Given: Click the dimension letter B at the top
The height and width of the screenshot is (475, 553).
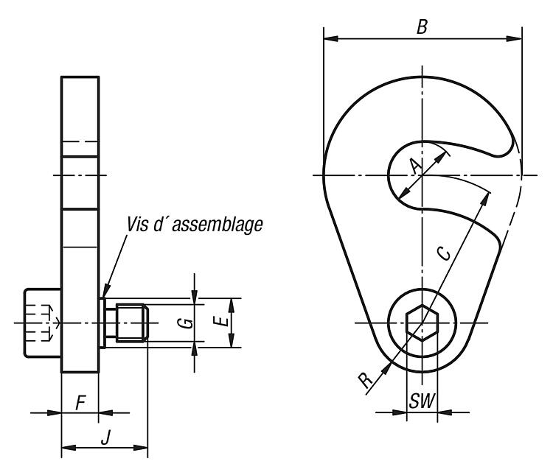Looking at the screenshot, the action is click(422, 27).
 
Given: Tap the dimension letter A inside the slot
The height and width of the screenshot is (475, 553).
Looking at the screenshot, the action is click(416, 166).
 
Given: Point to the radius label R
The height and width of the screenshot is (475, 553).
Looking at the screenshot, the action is click(366, 380).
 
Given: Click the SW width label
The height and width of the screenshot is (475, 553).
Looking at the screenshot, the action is click(422, 401).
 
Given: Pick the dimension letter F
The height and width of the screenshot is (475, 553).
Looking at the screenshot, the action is click(81, 403).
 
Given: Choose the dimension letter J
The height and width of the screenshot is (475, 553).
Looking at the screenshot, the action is click(105, 437).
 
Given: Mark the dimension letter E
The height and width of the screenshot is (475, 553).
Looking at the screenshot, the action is click(222, 321).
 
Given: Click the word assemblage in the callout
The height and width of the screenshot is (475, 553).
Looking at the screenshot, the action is click(218, 225).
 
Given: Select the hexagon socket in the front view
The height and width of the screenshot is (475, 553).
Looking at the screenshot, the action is click(422, 323).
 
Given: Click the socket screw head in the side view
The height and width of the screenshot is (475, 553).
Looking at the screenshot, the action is click(43, 323).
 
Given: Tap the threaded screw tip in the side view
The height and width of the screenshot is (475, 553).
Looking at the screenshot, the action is click(132, 323).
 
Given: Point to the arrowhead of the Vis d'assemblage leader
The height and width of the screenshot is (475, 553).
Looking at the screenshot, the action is click(106, 291).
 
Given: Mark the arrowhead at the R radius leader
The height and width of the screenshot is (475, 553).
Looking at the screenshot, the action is click(386, 367).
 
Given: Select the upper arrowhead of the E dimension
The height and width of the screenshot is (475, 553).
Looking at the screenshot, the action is click(232, 306).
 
